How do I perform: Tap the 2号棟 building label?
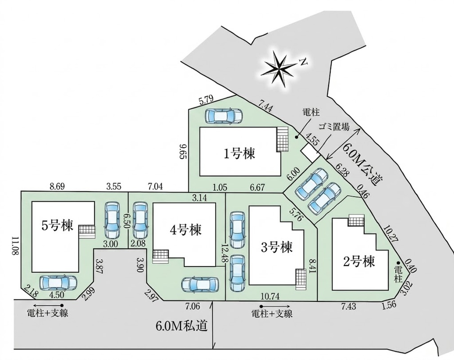point(359,261)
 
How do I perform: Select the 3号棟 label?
point(277,247)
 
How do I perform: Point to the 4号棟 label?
point(185,229)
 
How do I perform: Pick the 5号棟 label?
point(57,225)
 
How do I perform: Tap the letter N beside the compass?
point(303,62)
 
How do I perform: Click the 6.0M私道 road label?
point(182,326)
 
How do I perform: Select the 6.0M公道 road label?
point(361,165)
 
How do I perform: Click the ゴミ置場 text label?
point(334,126)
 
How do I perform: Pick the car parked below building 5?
point(58,283)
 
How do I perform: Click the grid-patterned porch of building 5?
point(87,232)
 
